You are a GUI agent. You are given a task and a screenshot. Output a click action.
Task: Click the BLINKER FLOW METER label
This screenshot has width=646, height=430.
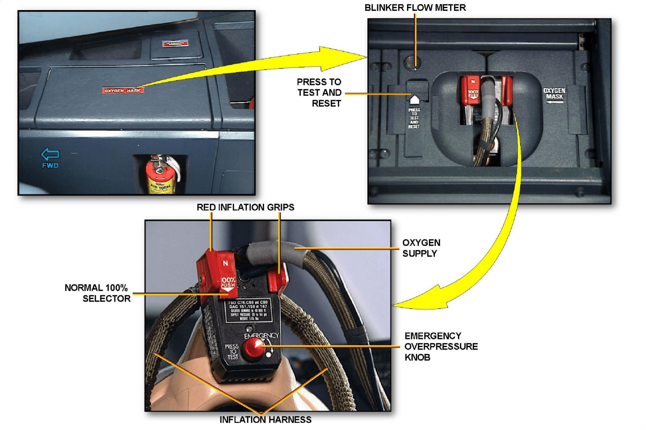click(415, 8)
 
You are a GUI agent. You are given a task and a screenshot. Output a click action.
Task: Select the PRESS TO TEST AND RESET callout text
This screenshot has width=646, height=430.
click(319, 93)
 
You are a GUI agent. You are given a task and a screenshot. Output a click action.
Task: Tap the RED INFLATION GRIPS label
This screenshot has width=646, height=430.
click(245, 207)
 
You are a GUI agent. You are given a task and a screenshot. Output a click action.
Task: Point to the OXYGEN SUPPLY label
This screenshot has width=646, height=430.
click(421, 248)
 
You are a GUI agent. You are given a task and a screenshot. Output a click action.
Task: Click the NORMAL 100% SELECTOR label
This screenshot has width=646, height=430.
click(97, 293)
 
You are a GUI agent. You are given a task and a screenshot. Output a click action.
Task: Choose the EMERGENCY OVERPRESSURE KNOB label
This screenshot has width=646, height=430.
click(440, 346)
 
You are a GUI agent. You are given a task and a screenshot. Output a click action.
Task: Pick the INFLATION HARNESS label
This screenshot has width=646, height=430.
click(265, 419)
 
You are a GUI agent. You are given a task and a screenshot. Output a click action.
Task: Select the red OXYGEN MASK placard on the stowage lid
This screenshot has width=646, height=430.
click(123, 91)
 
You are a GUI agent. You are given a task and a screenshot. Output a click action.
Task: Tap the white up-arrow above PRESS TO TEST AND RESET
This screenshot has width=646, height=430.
click(414, 99)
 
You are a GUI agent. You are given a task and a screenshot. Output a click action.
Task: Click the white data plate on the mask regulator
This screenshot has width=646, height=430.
click(248, 311)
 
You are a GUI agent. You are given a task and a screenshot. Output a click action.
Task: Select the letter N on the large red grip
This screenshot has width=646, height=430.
click(225, 263)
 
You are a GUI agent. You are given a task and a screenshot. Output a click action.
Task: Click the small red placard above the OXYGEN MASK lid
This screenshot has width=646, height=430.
click(175, 43)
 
